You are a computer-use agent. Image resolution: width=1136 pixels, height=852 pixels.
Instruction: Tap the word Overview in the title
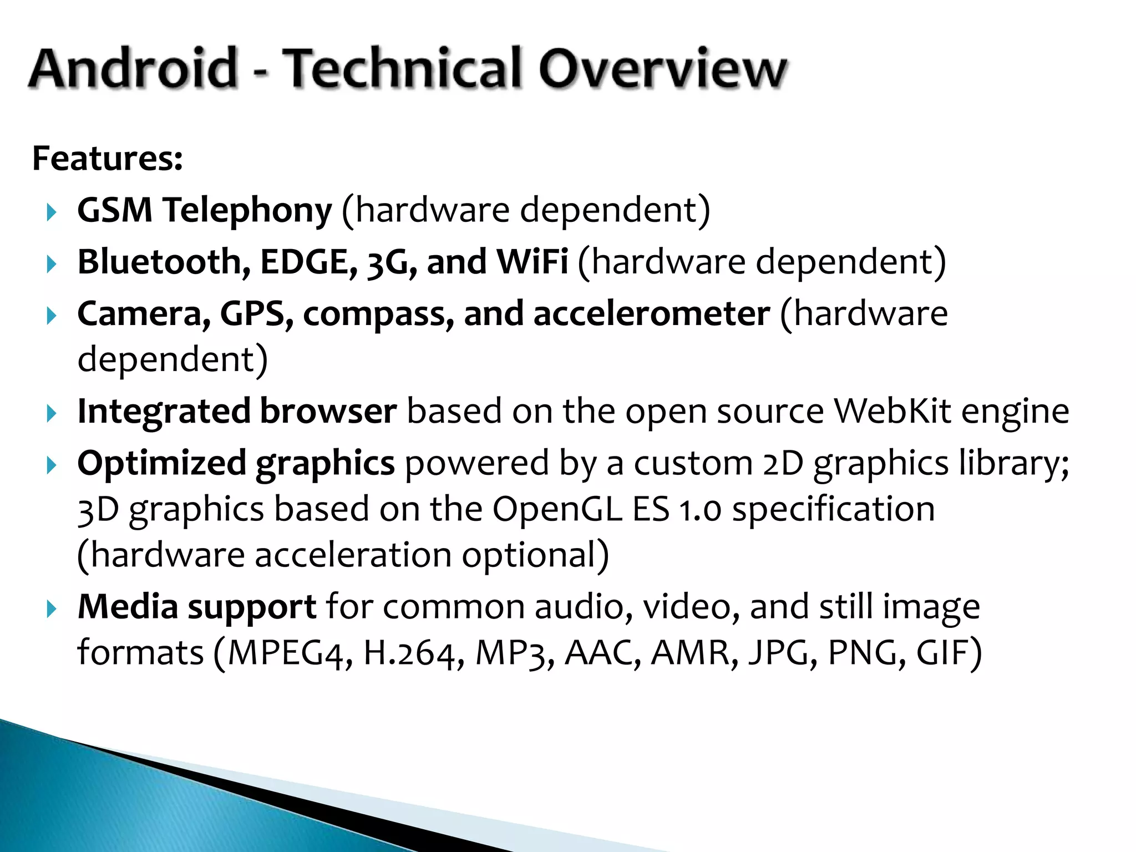pos(662,69)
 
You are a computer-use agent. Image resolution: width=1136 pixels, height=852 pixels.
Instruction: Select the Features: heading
pos(108,159)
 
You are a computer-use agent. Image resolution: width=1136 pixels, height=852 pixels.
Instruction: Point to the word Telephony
pos(247,211)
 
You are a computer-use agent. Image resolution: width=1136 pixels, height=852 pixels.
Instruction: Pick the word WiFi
pos(532,262)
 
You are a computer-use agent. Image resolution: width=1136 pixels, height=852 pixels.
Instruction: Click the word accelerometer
pos(652,314)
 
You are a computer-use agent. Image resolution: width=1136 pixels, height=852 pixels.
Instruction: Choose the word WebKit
pos(892,412)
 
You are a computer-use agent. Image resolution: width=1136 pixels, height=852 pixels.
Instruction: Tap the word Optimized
pos(161,464)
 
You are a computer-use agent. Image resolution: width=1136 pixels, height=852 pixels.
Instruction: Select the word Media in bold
pos(128,607)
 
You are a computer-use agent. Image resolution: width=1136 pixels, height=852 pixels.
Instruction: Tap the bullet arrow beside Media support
pos(52,609)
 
